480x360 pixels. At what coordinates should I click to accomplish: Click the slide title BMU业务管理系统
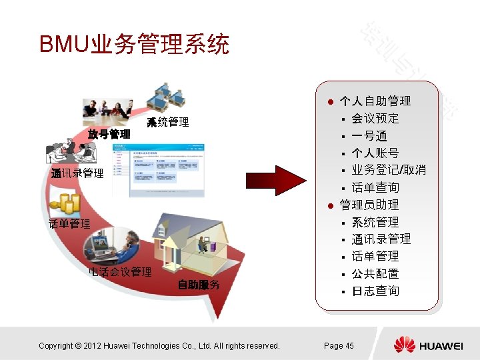pos(134,45)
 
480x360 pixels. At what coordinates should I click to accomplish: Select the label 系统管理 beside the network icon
pos(168,122)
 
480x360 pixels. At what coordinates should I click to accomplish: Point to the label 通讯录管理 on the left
pos(78,173)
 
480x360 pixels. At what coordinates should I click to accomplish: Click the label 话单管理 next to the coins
pos(69,224)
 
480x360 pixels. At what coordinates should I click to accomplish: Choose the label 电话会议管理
pos(120,272)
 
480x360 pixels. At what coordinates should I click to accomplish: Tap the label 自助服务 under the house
pos(199,285)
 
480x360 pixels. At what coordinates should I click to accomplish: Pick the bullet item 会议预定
pos(375,119)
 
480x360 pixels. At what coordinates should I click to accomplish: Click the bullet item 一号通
pos(369,136)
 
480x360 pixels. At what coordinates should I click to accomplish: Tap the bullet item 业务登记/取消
pos(389,170)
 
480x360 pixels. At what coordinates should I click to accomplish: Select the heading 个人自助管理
pos(375,101)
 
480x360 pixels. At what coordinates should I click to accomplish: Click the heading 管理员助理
pos(369,205)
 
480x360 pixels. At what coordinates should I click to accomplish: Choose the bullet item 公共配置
pos(375,273)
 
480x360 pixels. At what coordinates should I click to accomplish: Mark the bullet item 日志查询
pos(375,291)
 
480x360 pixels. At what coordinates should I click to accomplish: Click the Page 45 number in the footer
pos(339,345)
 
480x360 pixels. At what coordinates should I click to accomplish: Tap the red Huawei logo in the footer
pos(404,345)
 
